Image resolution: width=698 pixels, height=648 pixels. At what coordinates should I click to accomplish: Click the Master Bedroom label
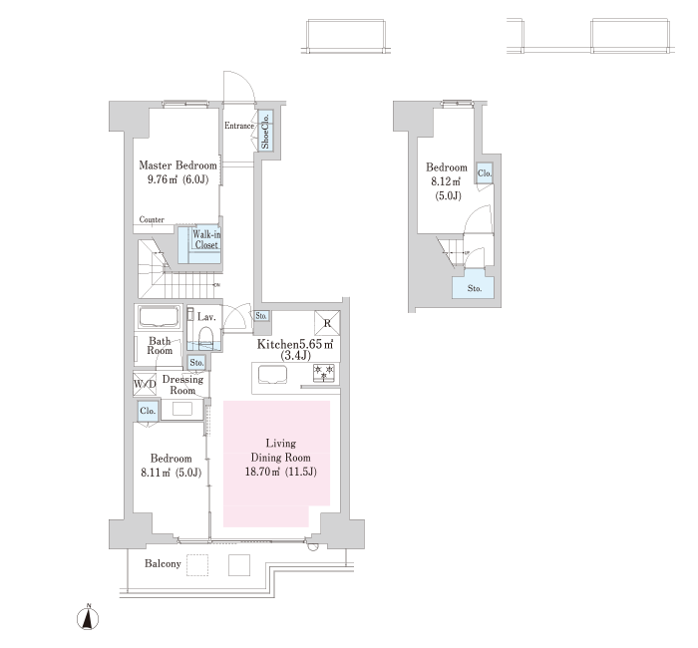[177, 171]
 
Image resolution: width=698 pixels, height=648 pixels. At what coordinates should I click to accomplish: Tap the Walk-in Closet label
[206, 239]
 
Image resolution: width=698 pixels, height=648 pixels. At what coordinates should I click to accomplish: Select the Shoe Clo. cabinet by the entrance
[266, 131]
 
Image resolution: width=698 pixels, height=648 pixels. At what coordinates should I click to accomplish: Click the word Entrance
[239, 126]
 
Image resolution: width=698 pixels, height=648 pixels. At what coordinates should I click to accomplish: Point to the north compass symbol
[88, 617]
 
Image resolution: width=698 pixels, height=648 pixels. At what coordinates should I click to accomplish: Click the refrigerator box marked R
[327, 323]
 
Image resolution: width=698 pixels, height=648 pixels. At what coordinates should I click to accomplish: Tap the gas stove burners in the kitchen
[324, 373]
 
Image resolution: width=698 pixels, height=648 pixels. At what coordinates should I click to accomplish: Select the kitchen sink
[273, 374]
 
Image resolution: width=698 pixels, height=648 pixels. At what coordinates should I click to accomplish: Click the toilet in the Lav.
[205, 337]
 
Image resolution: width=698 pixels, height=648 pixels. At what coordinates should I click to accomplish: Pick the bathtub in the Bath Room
[158, 317]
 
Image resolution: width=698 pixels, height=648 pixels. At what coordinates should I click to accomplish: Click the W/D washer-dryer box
[145, 384]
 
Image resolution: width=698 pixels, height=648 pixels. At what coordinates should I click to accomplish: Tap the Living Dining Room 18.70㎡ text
[281, 457]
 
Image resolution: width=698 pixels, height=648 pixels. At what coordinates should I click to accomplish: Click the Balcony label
[163, 564]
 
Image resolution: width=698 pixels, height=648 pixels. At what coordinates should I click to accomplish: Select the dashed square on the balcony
[197, 565]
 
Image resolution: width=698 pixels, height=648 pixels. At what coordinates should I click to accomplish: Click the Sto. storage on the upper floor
[474, 288]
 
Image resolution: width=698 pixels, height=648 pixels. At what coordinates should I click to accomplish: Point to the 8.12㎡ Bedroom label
[447, 181]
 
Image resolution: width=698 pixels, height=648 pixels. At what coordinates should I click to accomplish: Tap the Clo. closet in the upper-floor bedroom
[485, 173]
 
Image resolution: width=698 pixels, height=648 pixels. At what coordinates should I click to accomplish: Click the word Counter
[152, 219]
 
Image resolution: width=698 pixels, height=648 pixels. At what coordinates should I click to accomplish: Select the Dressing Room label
[182, 385]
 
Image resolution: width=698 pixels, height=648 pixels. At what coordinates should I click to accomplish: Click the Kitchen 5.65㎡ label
[295, 349]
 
